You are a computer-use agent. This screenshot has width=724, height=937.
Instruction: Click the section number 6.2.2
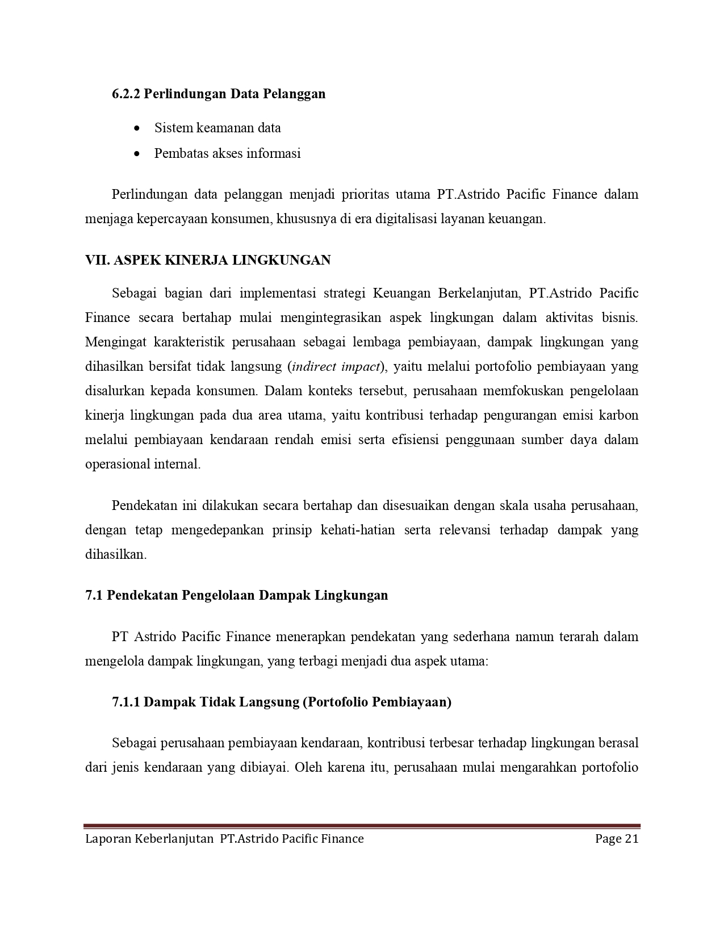125,94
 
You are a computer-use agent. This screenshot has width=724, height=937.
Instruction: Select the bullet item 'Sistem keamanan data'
217,128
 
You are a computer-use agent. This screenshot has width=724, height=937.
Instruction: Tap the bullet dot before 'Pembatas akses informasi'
136,154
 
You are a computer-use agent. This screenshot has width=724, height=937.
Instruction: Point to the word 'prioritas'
365,195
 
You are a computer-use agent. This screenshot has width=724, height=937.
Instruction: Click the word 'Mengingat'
115,342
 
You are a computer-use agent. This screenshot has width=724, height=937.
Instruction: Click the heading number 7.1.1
125,702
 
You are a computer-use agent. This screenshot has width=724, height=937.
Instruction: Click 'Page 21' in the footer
617,839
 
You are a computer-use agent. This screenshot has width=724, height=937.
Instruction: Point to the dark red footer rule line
362,826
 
